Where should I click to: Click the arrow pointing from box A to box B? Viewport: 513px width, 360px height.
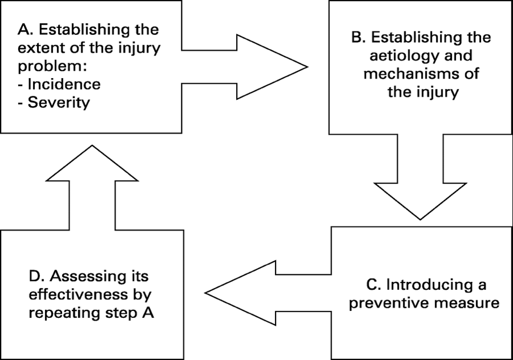pos(245,67)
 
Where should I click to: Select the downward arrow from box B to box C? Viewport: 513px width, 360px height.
pos(421,177)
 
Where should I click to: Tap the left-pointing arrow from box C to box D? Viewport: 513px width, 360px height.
pos(268,293)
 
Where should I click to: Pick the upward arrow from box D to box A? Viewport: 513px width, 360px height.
pos(92,188)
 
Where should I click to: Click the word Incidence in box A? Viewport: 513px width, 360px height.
pos(64,84)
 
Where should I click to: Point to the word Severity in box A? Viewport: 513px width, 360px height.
pos(59,102)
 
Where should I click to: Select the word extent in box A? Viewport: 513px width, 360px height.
pos(37,48)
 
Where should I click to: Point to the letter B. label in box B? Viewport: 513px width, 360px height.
pos(358,37)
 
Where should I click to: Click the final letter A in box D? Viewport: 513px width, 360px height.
pos(148,313)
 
